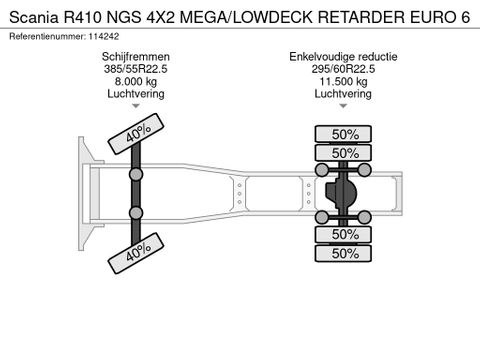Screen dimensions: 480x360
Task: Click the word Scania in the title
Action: [34, 17]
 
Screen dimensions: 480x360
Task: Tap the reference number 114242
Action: [103, 36]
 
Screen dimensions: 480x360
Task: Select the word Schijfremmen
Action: [136, 57]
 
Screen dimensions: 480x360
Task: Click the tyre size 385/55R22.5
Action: [136, 69]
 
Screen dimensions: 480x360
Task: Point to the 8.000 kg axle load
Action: [136, 81]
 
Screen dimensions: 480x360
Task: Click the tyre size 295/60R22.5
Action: [343, 69]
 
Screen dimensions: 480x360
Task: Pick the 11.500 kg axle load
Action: [343, 81]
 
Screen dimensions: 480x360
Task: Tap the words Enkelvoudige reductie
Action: [343, 57]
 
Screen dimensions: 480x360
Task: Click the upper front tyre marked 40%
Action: [136, 134]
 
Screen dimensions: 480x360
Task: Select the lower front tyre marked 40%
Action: [136, 253]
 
